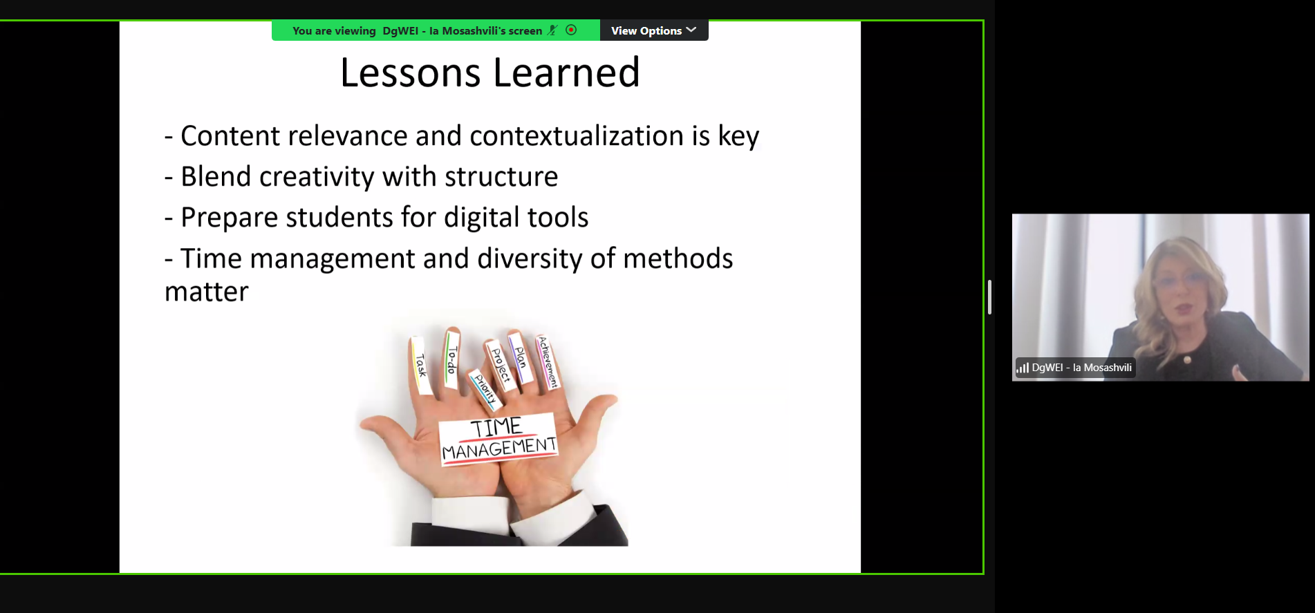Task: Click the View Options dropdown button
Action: [653, 30]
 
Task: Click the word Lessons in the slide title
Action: [410, 73]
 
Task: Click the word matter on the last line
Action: [206, 292]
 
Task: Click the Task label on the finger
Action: [420, 364]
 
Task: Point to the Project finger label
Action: [501, 364]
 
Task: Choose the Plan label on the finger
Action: [521, 357]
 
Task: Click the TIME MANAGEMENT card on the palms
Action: [498, 439]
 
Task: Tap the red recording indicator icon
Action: [571, 30]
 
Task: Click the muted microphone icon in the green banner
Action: [552, 30]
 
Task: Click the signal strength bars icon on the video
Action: [1023, 368]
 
